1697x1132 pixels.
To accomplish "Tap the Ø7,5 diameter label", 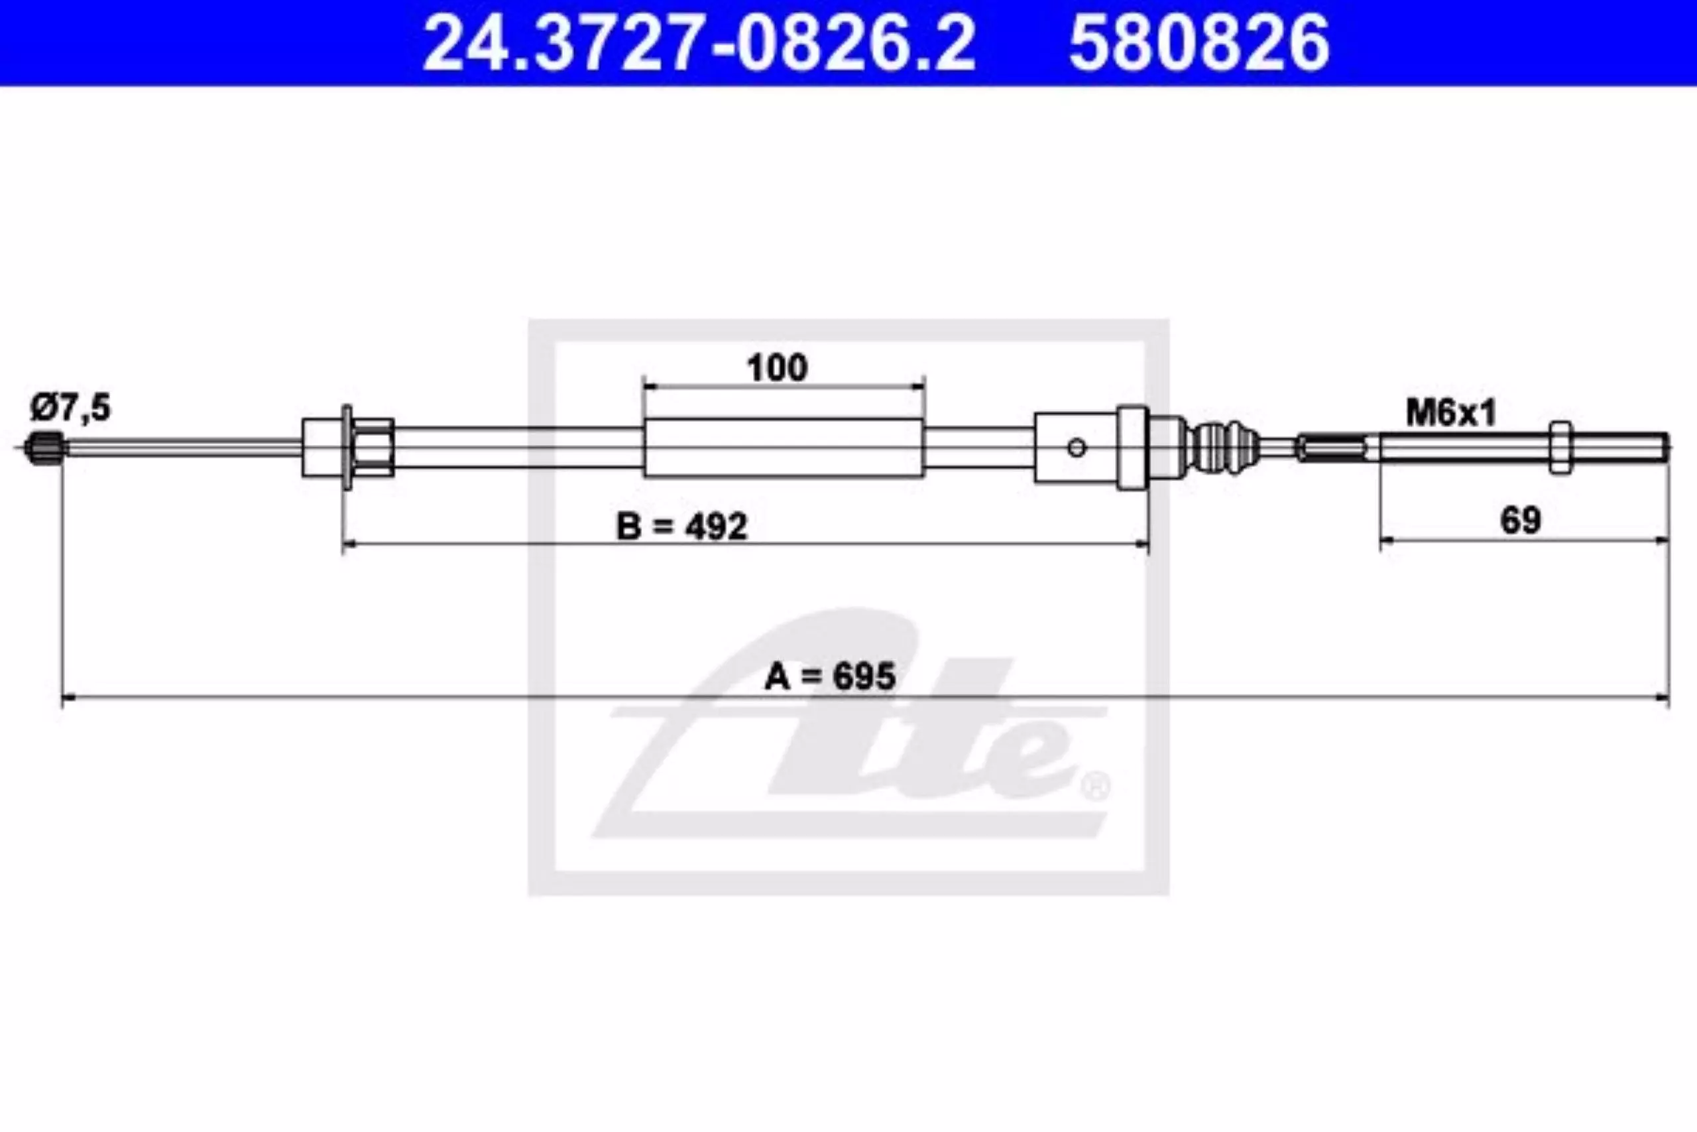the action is (71, 409).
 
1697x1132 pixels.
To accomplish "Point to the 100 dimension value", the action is (777, 368).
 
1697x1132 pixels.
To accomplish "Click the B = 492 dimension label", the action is (682, 527).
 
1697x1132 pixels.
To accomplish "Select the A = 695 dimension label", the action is (830, 676).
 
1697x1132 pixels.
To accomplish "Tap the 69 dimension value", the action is (1520, 520).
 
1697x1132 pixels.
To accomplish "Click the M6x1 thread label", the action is (1451, 413).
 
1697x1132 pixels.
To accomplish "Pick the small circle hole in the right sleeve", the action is (1077, 448).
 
